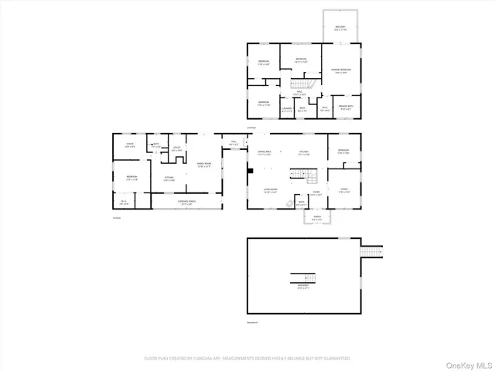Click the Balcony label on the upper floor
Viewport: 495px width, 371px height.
point(340,27)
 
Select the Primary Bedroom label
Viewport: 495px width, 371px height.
point(341,71)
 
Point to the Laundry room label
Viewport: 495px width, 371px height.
point(287,110)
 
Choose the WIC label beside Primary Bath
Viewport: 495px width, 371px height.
point(325,107)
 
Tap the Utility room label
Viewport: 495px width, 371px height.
point(176,148)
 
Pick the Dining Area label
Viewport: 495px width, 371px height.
point(264,153)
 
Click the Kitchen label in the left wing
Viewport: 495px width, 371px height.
point(169,179)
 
